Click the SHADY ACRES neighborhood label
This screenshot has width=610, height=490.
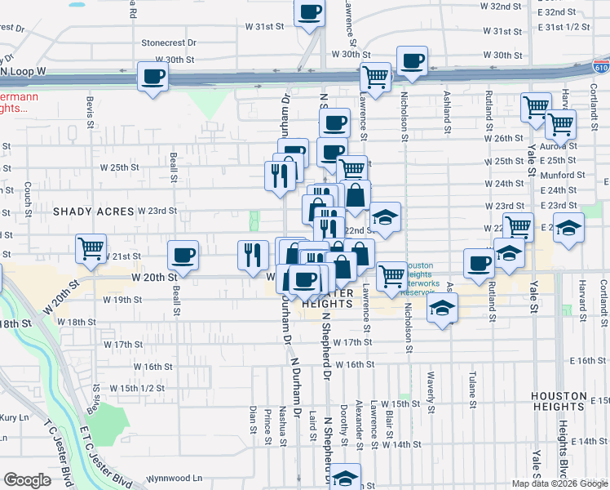point(94,212)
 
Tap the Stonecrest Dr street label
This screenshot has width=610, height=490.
point(170,42)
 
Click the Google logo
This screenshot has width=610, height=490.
point(26,480)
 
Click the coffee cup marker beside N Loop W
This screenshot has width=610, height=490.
point(153,77)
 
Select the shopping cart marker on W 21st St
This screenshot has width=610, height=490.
point(91,247)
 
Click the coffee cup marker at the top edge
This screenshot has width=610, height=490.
point(309,12)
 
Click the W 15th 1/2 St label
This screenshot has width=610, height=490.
point(137,388)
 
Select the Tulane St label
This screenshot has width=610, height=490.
point(472,390)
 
